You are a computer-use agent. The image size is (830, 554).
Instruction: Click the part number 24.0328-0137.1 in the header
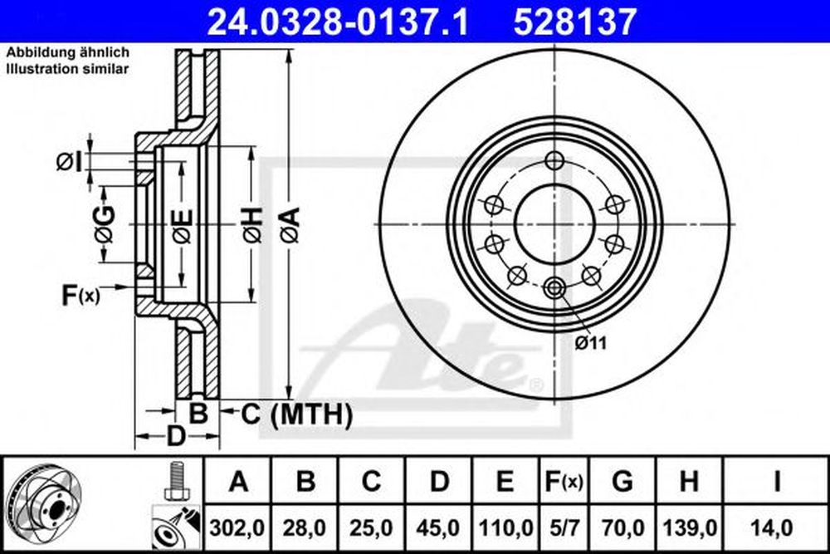point(336,18)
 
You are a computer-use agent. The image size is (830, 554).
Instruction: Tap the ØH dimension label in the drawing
point(250,224)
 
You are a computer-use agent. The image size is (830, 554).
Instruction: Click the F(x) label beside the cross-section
point(81,294)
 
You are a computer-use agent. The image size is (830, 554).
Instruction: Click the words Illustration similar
point(67,69)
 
